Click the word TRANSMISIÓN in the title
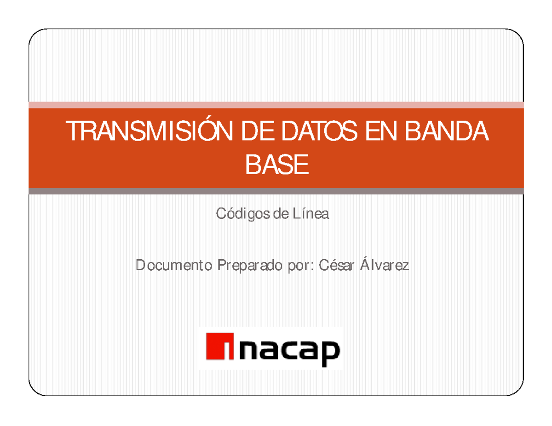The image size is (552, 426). coord(141,132)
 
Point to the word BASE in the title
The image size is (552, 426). coord(276,164)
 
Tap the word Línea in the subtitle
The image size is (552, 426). coord(311,214)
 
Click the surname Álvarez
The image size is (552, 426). coord(385,266)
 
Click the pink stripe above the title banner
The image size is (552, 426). coord(276,105)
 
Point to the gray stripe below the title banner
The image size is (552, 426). coord(276,191)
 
